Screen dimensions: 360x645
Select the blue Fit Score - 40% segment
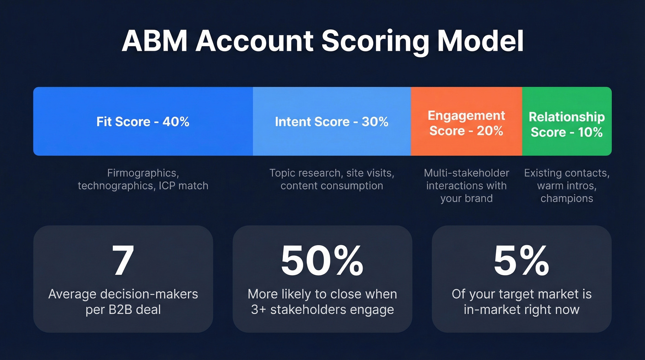[143, 122]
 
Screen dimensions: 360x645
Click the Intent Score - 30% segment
[332, 122]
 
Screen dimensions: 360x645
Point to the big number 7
[123, 260]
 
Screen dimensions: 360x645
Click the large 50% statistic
[322, 260]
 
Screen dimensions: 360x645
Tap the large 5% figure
[522, 260]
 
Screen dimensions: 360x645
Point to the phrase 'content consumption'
[332, 186]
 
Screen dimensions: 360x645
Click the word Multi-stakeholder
[466, 173]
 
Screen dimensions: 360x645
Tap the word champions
[567, 199]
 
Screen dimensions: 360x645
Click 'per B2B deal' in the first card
[123, 309]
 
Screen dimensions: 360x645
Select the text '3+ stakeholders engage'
[322, 309]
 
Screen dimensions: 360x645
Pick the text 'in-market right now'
[522, 309]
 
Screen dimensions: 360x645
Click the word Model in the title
[481, 42]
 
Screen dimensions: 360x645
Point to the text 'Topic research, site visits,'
[332, 173]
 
